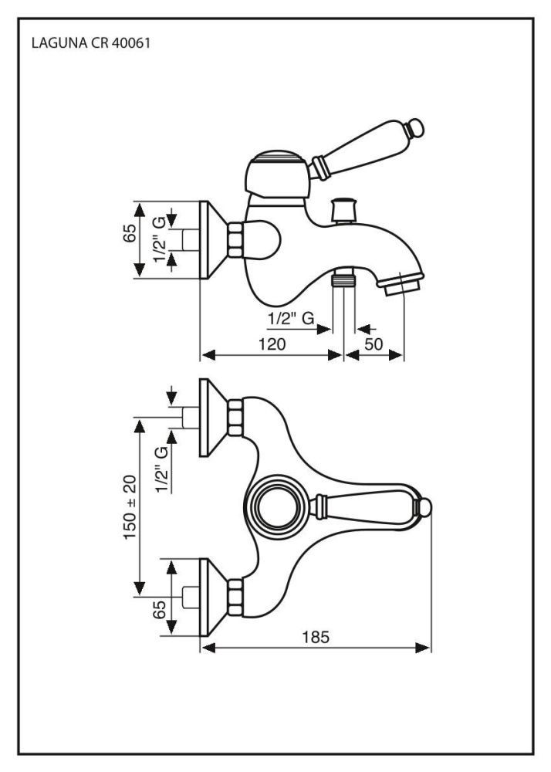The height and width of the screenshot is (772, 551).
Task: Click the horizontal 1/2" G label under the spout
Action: coord(290,317)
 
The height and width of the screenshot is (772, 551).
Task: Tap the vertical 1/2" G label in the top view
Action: coord(161,469)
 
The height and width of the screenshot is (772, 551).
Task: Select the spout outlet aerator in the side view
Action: coord(402,287)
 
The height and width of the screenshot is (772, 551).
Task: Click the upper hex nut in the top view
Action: coord(235,417)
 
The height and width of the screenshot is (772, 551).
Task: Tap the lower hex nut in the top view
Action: coord(235,597)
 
